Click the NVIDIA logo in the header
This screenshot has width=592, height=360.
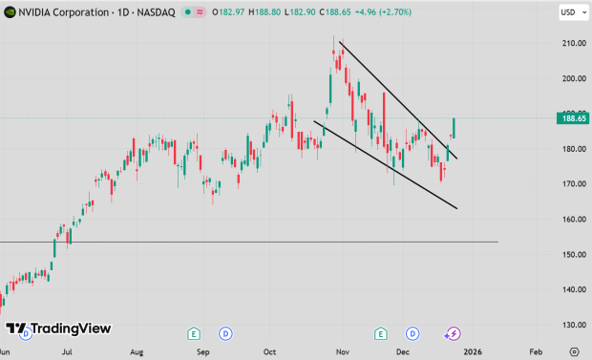(x=10, y=12)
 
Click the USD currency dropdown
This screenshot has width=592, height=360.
(x=569, y=12)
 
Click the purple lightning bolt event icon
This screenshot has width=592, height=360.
(x=454, y=333)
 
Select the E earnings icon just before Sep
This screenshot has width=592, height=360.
(x=194, y=333)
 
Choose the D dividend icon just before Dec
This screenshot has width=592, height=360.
(x=412, y=333)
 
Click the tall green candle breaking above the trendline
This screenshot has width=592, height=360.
(x=455, y=128)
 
